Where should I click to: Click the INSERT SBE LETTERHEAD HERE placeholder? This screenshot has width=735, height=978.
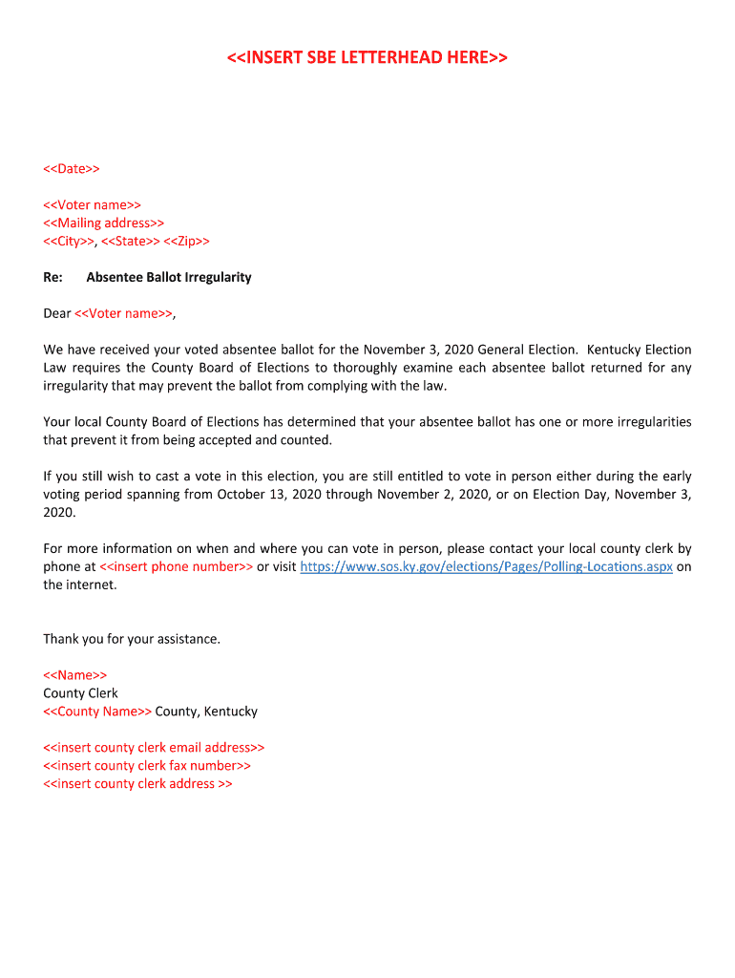367,58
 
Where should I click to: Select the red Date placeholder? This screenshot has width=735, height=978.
72,169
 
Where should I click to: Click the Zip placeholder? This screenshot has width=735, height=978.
187,242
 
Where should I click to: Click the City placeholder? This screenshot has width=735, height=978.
68,242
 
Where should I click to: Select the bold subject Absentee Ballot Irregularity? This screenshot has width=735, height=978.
169,278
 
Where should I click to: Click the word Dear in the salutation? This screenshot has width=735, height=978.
57,313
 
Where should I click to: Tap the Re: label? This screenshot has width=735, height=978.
53,278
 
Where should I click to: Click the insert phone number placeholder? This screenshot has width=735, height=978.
177,567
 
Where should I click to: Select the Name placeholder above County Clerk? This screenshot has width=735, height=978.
75,675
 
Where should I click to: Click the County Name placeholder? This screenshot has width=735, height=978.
97,712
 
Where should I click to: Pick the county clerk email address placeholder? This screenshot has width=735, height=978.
154,748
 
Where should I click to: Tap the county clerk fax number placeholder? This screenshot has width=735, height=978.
147,766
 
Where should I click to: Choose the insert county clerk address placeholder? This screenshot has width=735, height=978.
137,784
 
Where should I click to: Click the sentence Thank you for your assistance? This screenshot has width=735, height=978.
132,639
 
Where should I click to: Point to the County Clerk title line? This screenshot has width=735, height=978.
81,693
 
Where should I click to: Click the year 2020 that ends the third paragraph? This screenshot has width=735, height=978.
59,513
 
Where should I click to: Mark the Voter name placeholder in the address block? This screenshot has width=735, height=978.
93,205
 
